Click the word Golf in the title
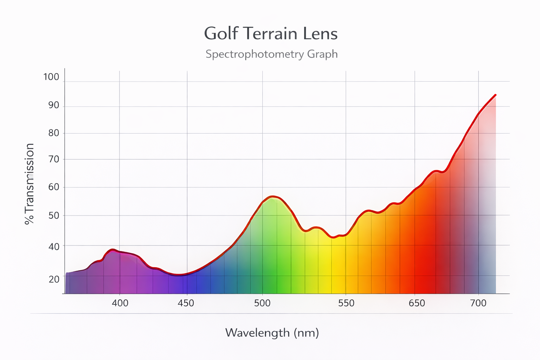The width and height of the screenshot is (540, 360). click(x=221, y=34)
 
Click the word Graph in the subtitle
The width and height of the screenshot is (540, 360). click(x=322, y=54)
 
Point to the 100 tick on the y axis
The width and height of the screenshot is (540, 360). click(x=51, y=77)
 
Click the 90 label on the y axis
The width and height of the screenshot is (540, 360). click(x=53, y=105)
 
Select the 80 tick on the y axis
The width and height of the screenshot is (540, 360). click(x=53, y=133)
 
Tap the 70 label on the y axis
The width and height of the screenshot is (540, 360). click(x=53, y=159)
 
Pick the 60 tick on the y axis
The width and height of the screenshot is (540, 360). click(x=53, y=187)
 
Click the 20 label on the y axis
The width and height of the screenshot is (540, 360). click(x=54, y=279)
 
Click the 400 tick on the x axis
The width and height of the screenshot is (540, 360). click(x=120, y=303)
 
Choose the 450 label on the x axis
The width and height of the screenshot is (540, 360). click(x=186, y=303)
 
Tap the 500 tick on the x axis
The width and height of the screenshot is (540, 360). click(x=262, y=303)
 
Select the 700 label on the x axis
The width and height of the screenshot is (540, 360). click(x=478, y=303)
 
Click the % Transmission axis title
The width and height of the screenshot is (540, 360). click(x=30, y=184)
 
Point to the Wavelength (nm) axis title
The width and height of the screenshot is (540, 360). click(x=272, y=333)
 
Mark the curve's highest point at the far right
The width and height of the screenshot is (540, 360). click(x=495, y=95)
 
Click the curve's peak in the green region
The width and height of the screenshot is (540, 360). click(x=273, y=196)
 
